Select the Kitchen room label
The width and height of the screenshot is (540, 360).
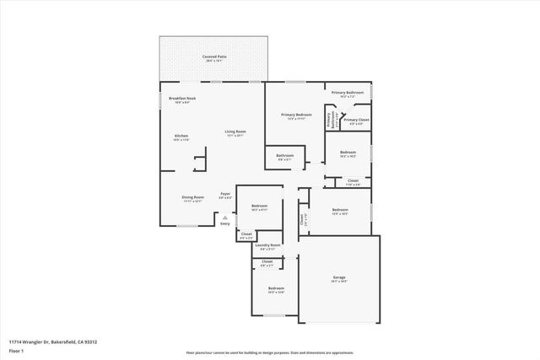pos(181,136)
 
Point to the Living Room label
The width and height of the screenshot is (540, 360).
pos(235,132)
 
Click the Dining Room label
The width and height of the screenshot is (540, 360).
pos(192,197)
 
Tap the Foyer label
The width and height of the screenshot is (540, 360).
pos(225,194)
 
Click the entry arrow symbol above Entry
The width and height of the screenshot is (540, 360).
pos(224,216)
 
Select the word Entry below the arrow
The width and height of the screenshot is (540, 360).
pos(224,223)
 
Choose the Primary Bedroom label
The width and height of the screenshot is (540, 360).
pos(296,115)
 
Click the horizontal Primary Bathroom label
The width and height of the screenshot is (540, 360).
pos(347,93)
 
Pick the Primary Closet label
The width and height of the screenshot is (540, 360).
pos(356,120)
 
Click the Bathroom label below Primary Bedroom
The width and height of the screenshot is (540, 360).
pos(284,154)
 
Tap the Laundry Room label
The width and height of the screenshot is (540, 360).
pos(269,245)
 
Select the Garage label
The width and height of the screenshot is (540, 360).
pos(339,277)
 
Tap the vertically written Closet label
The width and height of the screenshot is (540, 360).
pos(301,219)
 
